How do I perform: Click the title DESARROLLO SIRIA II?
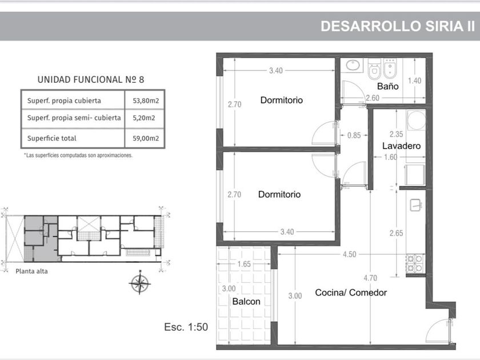(x=398, y=26)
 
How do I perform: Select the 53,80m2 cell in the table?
(x=146, y=101)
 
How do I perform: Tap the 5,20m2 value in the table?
(x=144, y=118)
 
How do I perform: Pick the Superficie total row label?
(x=52, y=138)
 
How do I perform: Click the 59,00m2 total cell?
(x=146, y=138)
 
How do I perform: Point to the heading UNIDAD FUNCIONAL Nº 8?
(x=91, y=79)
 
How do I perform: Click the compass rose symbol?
(x=139, y=283)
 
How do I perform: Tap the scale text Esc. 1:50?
(x=186, y=327)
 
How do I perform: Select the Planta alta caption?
(x=31, y=271)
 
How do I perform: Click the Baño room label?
(x=387, y=86)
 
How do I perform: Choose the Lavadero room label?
(x=401, y=146)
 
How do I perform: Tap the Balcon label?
(x=246, y=302)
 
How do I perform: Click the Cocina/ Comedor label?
(x=351, y=293)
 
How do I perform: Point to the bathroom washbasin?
(x=353, y=65)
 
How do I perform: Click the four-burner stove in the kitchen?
(x=415, y=263)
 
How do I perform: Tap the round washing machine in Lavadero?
(x=416, y=120)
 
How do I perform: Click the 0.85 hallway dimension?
(x=354, y=135)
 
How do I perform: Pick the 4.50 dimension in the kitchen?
(x=349, y=254)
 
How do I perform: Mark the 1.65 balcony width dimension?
(x=244, y=264)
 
